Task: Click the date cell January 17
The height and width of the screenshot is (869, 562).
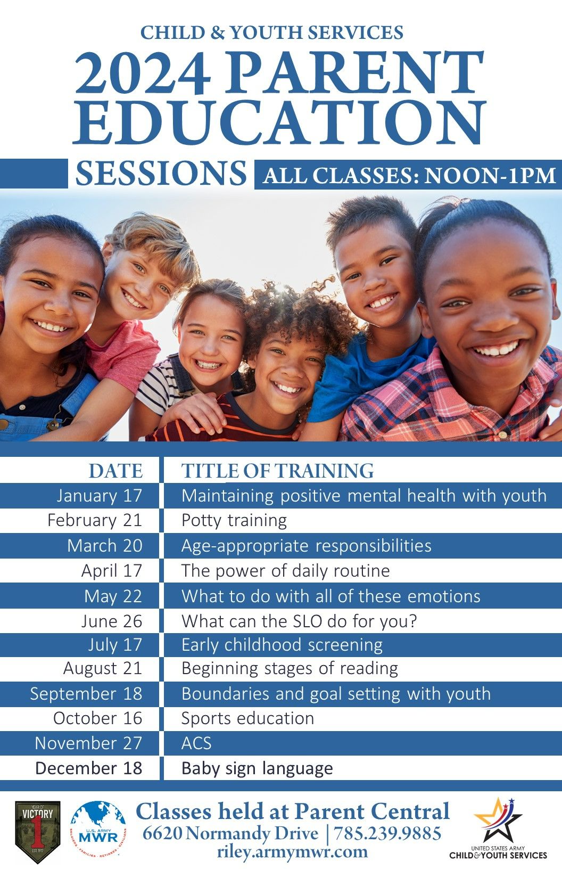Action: click(x=100, y=495)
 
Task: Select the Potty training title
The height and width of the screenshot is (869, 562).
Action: click(x=234, y=521)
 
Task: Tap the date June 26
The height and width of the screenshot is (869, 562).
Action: click(x=112, y=621)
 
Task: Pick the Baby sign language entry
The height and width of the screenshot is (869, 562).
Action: click(x=257, y=768)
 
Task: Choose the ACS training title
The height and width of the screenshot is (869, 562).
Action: click(x=196, y=743)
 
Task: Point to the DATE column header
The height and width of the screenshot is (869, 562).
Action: click(x=115, y=471)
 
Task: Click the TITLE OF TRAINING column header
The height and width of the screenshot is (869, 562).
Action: click(x=278, y=471)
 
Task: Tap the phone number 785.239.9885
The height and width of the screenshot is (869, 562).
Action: click(x=387, y=833)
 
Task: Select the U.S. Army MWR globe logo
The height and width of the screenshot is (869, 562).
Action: click(x=98, y=832)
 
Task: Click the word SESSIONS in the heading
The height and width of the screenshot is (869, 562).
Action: click(x=161, y=173)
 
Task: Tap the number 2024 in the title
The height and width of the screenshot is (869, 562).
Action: click(x=143, y=72)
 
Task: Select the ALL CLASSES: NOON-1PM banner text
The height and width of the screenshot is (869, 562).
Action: click(x=410, y=175)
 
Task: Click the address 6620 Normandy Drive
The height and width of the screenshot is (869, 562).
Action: click(x=230, y=833)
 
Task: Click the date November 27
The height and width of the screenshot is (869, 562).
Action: click(x=88, y=743)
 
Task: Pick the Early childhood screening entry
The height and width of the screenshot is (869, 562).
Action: click(x=282, y=645)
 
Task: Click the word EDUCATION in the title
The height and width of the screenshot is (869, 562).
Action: click(x=279, y=121)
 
